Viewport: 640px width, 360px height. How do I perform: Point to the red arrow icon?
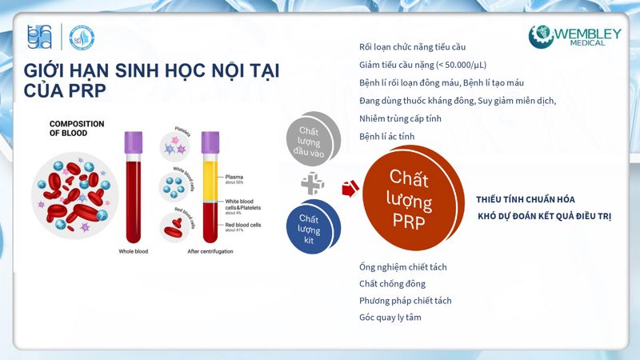pyautogui.click(x=350, y=189)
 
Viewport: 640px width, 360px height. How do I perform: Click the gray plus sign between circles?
pyautogui.click(x=312, y=183)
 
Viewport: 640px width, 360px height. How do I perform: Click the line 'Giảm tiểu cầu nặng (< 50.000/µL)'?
pyautogui.click(x=422, y=65)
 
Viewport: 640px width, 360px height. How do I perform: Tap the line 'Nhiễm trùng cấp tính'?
pyautogui.click(x=400, y=118)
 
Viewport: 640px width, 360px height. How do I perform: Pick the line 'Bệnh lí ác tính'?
pyautogui.click(x=389, y=136)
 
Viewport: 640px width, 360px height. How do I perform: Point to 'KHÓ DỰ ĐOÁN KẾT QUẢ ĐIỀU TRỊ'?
pyautogui.click(x=544, y=217)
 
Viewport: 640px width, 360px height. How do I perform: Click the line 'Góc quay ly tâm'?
pyautogui.click(x=390, y=318)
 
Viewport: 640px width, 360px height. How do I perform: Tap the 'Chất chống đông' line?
pyautogui.click(x=392, y=283)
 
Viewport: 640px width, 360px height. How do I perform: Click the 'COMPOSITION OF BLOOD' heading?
pyautogui.click(x=78, y=129)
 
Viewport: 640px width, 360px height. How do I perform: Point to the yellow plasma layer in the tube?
pyautogui.click(x=211, y=176)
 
